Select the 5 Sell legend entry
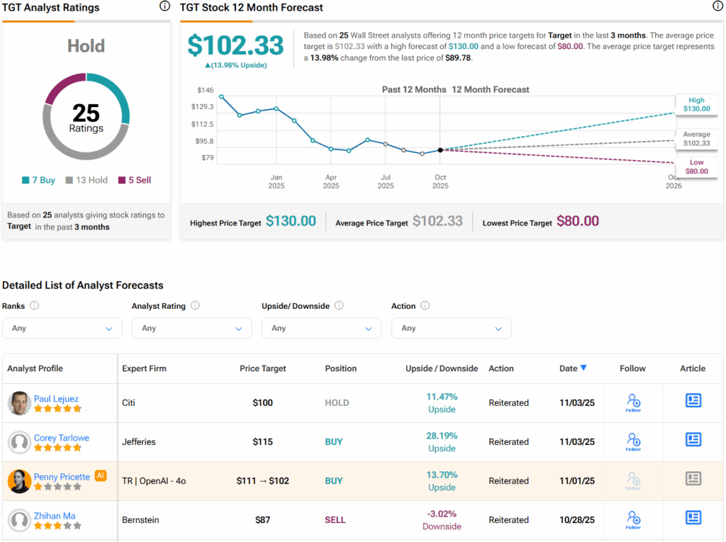134,180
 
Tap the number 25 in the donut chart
86,113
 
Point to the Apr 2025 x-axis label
330,181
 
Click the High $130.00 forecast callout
696,105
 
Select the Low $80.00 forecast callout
696,166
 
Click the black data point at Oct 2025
440,150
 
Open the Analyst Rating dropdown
191,328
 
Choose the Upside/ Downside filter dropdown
321,328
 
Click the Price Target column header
263,368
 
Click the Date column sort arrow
583,368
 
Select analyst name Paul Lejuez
57,399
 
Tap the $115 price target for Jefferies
263,442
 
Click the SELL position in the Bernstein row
335,520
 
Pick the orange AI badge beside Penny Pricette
101,476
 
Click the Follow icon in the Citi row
633,402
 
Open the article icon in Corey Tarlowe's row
693,440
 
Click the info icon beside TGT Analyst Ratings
164,6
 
